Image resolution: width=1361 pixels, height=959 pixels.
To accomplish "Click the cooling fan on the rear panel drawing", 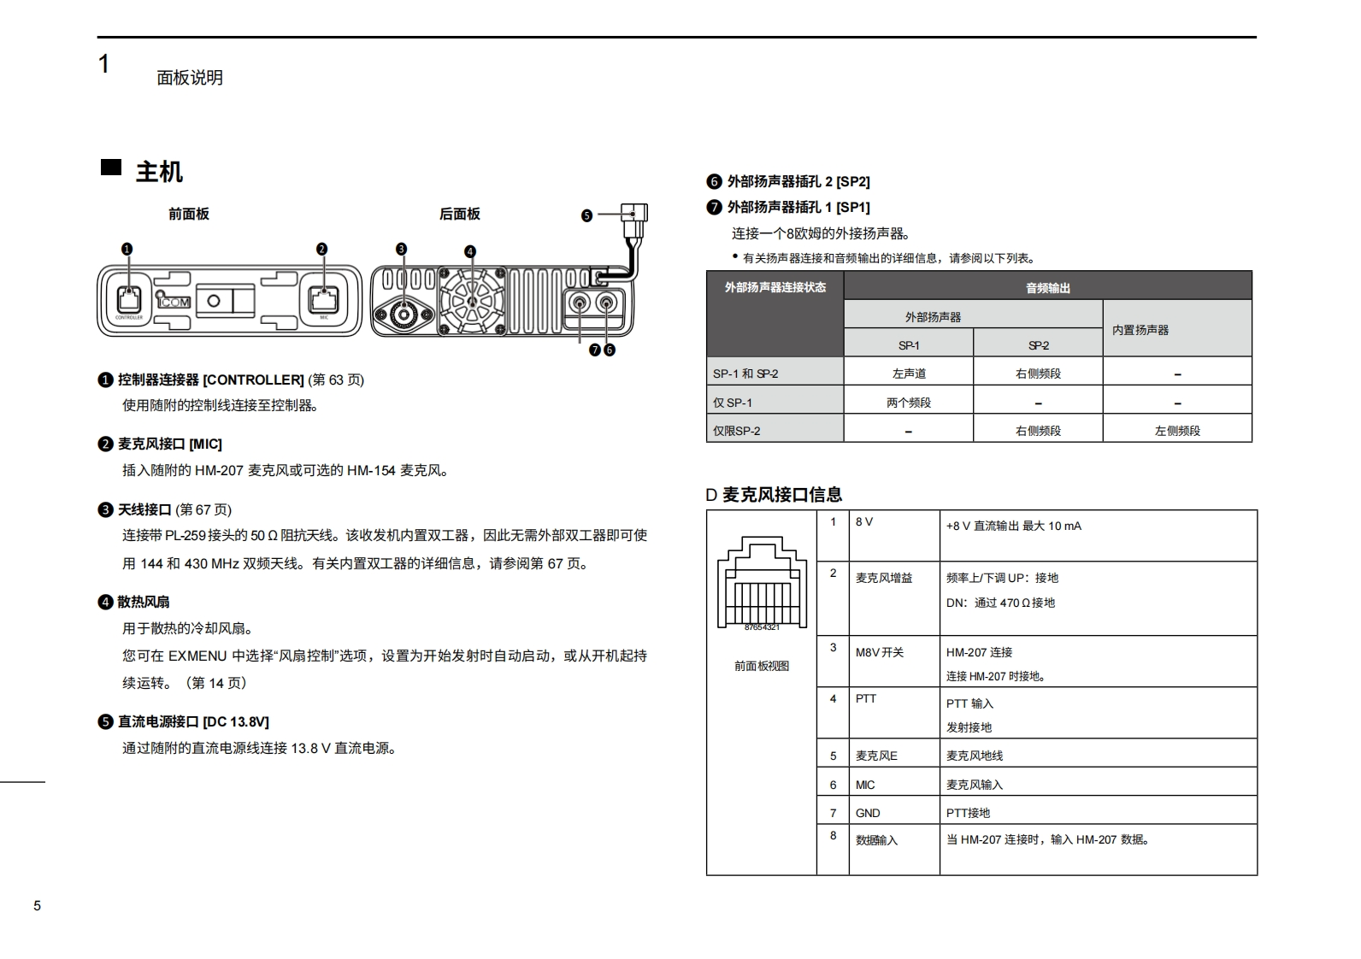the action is pyautogui.click(x=471, y=302).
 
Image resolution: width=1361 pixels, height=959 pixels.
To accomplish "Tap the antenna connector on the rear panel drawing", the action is pyautogui.click(x=402, y=315).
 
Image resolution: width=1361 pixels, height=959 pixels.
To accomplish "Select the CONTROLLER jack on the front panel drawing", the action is pyautogui.click(x=129, y=299).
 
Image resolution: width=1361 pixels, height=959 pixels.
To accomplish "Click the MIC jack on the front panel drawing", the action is pyautogui.click(x=323, y=299).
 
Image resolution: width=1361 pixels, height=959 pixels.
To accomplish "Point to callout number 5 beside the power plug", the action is pyautogui.click(x=586, y=215).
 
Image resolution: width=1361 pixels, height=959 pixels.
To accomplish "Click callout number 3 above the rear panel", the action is pyautogui.click(x=401, y=250).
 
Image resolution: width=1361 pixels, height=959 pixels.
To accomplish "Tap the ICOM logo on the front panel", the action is pyautogui.click(x=174, y=301).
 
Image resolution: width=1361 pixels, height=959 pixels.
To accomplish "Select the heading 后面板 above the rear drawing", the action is pyautogui.click(x=459, y=214).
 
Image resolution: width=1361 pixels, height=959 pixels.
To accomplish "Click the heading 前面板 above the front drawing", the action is pyautogui.click(x=188, y=214).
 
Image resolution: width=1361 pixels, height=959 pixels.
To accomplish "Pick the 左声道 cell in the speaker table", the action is pyautogui.click(x=909, y=374).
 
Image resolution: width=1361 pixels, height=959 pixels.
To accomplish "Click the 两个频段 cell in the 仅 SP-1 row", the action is pyautogui.click(x=909, y=403).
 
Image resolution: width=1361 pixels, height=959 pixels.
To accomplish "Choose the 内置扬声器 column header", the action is pyautogui.click(x=1140, y=330).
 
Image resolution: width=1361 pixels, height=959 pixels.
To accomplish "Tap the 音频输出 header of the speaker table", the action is pyautogui.click(x=1047, y=288).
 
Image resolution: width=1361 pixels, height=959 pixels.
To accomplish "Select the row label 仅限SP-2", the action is pyautogui.click(x=736, y=431).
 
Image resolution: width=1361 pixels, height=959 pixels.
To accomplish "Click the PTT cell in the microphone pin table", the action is pyautogui.click(x=866, y=698).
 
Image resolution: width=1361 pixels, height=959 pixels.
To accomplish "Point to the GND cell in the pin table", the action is pyautogui.click(x=868, y=813).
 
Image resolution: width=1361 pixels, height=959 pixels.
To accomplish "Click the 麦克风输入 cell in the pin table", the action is pyautogui.click(x=975, y=785).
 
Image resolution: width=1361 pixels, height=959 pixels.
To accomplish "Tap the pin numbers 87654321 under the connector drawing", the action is pyautogui.click(x=762, y=627).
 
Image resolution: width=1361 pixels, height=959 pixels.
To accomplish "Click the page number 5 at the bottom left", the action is pyautogui.click(x=37, y=906).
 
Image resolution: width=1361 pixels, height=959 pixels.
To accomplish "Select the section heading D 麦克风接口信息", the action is pyautogui.click(x=774, y=494).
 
